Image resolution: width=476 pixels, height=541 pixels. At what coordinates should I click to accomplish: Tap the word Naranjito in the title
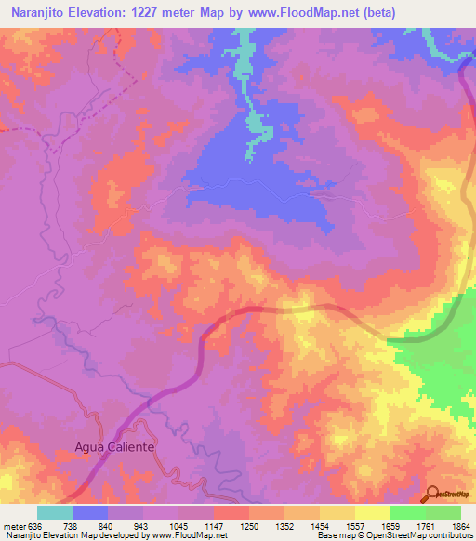point(36,13)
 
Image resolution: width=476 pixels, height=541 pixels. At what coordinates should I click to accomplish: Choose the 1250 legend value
point(249,525)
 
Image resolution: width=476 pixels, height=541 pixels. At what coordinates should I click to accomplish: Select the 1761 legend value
point(426,525)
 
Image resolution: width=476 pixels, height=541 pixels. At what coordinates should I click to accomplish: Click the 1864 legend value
point(460,525)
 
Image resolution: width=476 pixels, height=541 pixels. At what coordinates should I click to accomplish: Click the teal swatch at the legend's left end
point(55,512)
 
